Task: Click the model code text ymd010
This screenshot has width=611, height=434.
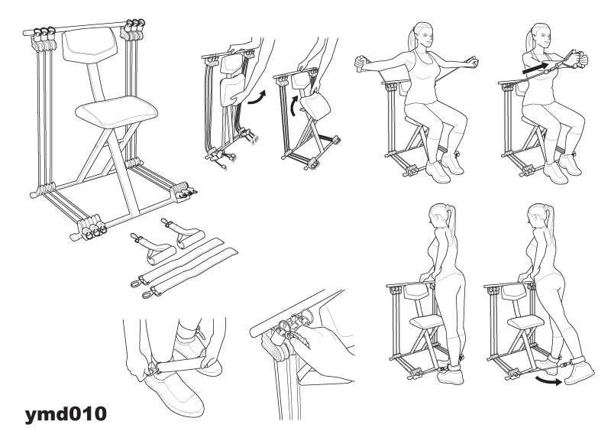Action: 66,413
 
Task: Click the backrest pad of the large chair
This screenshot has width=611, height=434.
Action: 89,44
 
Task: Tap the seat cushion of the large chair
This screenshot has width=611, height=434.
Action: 116,111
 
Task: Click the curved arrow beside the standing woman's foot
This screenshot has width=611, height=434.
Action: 548,380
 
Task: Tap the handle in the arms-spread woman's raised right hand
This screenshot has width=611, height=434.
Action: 359,64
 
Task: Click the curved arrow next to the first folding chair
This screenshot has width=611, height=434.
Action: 257,98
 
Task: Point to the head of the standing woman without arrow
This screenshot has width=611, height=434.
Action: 437,215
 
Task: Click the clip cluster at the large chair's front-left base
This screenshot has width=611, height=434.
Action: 92,227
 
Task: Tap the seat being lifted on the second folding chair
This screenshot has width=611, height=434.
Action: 315,107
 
